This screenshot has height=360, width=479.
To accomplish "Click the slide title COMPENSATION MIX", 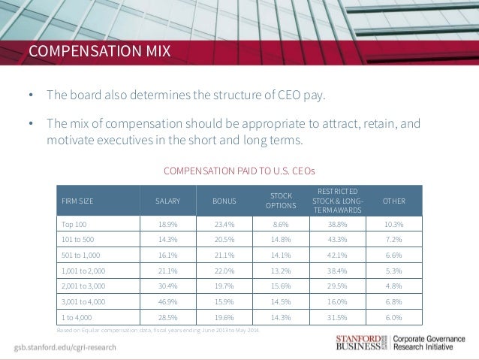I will coord(99,52).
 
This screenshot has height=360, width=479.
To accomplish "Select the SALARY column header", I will coord(167,201).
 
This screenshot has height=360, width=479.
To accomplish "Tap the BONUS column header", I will coord(224,201).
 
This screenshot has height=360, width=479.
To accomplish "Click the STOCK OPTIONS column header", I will coord(282,201).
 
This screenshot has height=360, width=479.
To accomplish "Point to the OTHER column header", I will coord(393,201).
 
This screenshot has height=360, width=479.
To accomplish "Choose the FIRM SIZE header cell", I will coord(77,201).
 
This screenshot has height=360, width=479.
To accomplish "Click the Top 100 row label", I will coord(74,224).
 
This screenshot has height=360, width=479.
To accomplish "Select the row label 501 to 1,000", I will coord(80,255).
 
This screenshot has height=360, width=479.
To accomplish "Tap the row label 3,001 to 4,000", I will coord(83,301).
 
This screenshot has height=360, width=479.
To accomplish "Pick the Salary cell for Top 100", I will coord(167,224).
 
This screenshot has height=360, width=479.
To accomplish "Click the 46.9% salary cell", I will coord(167,301).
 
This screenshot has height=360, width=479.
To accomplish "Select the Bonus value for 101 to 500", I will coord(224,239).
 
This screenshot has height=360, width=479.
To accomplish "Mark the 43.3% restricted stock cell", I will coord(337,239).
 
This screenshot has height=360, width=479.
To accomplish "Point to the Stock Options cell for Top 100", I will coord(282,224).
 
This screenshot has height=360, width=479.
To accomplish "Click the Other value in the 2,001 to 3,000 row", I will coord(393,286).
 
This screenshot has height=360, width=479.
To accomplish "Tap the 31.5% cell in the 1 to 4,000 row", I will coord(337,317).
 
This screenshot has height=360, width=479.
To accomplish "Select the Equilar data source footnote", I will coord(158,331).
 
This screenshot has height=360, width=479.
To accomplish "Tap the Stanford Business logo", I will coord(360,342).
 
